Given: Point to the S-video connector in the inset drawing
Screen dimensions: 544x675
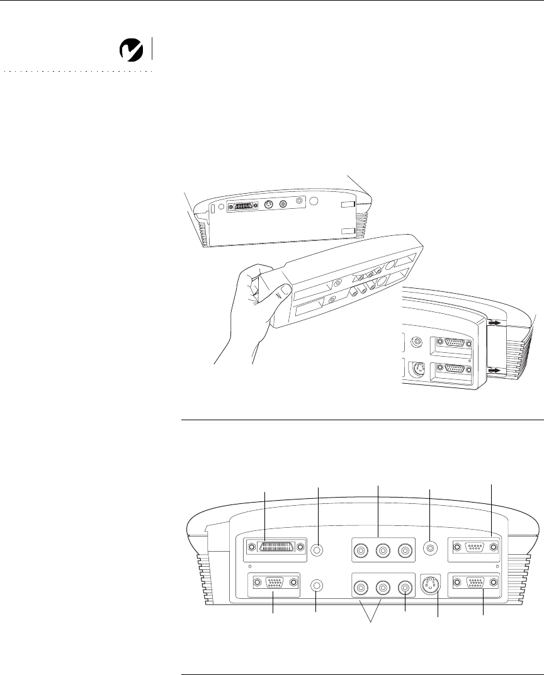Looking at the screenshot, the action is point(417,369).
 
